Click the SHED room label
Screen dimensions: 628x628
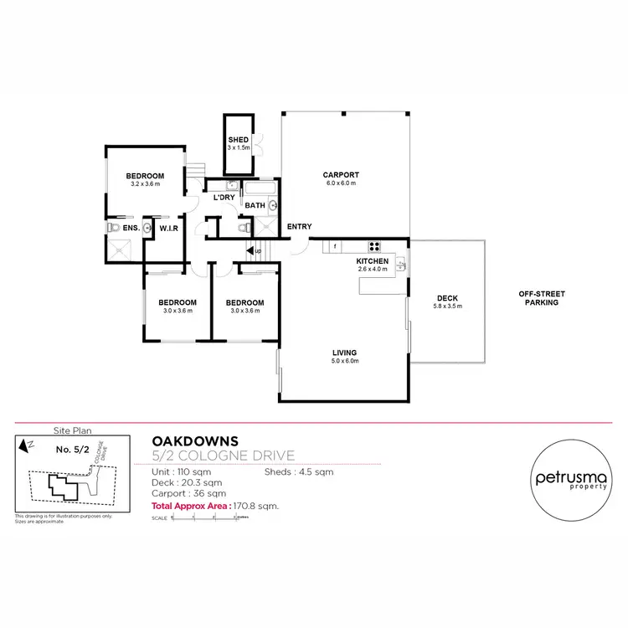[x=239, y=139]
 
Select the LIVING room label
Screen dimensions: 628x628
[x=344, y=353]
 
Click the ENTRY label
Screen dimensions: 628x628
[x=299, y=227]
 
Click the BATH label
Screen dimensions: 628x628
[x=255, y=204]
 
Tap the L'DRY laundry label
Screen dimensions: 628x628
[x=224, y=198]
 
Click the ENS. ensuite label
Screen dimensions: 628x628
[x=131, y=227]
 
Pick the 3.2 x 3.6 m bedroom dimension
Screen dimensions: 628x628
[x=145, y=184]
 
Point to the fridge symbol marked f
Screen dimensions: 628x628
[x=335, y=246]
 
